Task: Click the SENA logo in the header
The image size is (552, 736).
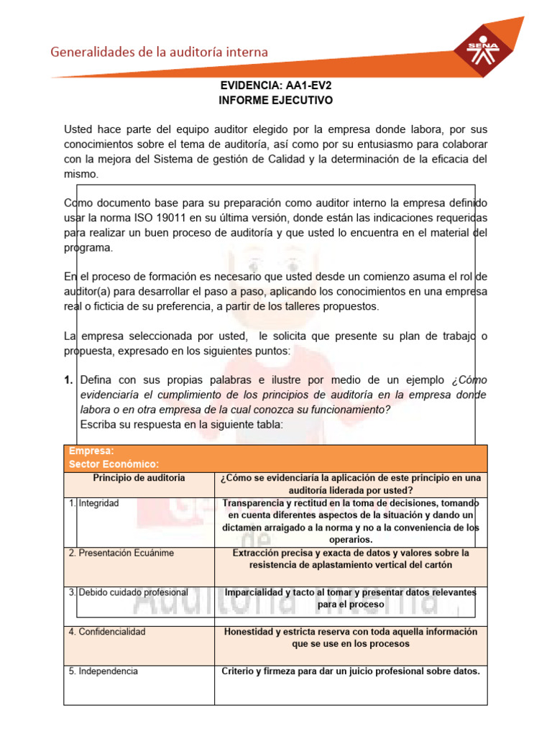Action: pos(483,49)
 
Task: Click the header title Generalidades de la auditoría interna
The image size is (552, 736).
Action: pos(158,52)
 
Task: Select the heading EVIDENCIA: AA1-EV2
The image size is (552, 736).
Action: pos(276,86)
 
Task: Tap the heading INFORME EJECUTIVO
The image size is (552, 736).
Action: pos(276,100)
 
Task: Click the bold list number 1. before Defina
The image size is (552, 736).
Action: pos(70,379)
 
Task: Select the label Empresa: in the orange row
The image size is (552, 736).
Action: pos(91,451)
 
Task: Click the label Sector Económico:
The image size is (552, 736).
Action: pos(114,464)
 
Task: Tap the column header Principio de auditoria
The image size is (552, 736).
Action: pos(139,478)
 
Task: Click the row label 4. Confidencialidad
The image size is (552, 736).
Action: pos(107,632)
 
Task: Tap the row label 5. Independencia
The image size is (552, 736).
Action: pos(103,671)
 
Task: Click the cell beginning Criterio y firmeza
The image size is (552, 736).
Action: pos(350,671)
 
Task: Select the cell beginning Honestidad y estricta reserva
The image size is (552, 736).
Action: pos(350,638)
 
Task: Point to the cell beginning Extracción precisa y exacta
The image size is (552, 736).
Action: pos(350,558)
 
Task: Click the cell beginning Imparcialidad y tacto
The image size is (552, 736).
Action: pos(350,598)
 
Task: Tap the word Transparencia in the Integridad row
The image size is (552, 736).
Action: pos(256,503)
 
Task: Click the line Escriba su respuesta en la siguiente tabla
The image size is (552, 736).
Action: pos(182,424)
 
